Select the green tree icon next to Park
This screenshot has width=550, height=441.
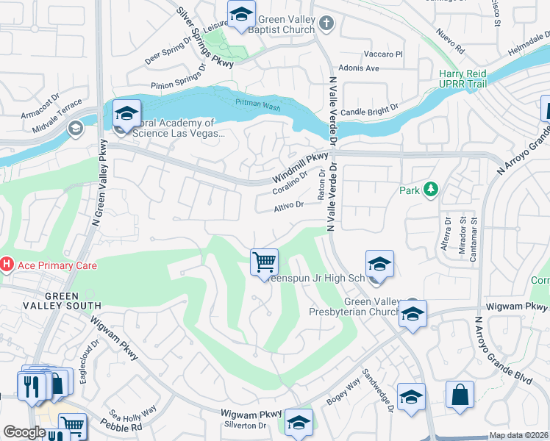coord(430,190)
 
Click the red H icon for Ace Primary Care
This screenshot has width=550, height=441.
coord(7,264)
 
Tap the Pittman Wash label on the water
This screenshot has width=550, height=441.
coord(257,107)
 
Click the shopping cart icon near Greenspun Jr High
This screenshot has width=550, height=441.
coord(264,262)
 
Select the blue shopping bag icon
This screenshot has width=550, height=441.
coord(460,393)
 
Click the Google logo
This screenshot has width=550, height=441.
coord(24,432)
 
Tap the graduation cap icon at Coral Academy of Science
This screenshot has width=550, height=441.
coord(126,114)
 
